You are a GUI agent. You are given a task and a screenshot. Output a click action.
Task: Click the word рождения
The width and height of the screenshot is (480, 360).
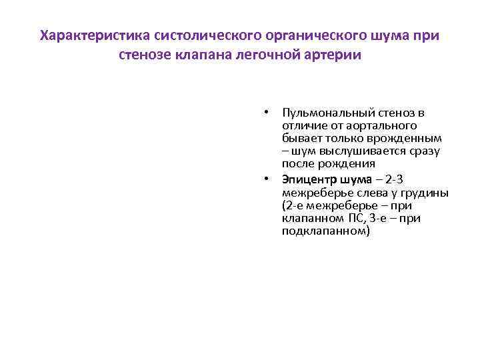[x=346, y=163]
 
